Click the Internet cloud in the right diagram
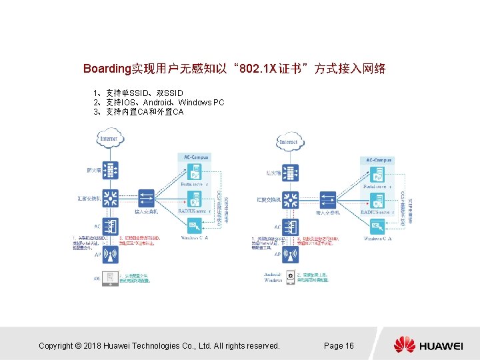click(x=289, y=141)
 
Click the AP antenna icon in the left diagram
click(x=110, y=254)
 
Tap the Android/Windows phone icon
click(x=291, y=278)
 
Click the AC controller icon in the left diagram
click(x=110, y=225)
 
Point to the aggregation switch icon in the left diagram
click(x=110, y=198)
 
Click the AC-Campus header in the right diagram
click(x=377, y=161)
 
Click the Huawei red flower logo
click(x=404, y=345)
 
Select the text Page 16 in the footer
click(x=339, y=345)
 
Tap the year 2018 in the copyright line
click(x=95, y=345)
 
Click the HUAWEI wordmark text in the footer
click(x=441, y=346)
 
